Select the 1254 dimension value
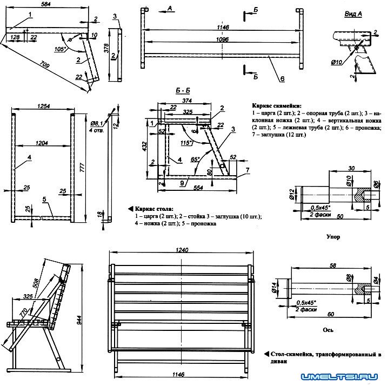coord(42,107)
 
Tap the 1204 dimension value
coord(42,143)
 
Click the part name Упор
coord(333,237)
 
